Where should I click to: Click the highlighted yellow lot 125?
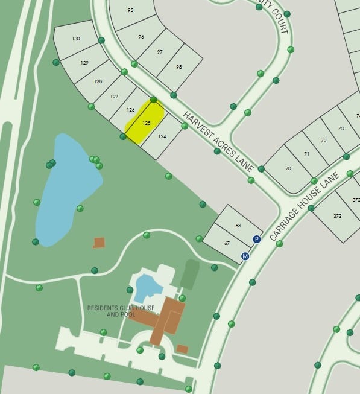click(x=145, y=122)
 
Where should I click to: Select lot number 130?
click(x=76, y=39)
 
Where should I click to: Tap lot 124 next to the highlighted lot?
click(x=162, y=137)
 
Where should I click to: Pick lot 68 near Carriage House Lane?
click(x=238, y=226)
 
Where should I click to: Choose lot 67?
click(x=227, y=243)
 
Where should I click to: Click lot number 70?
click(x=288, y=168)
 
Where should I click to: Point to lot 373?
click(x=337, y=216)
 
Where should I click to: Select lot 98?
click(x=178, y=67)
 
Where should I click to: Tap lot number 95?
click(x=131, y=10)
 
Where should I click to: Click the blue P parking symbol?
click(x=256, y=240)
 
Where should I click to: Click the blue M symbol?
click(x=245, y=256)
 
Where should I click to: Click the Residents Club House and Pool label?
click(x=121, y=311)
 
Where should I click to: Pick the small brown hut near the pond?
click(x=99, y=243)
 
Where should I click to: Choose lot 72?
click(x=323, y=141)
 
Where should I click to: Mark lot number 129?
click(x=84, y=63)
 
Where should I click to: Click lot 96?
click(x=141, y=37)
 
